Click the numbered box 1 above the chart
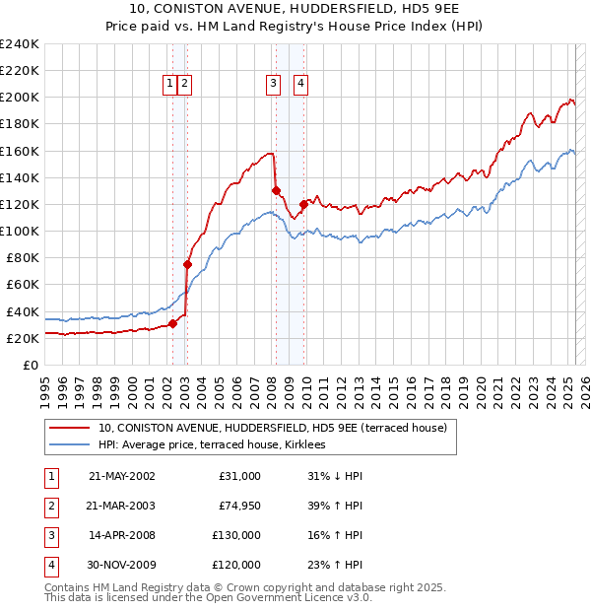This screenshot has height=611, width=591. click(170, 85)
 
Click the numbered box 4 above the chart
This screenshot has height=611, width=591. click(299, 85)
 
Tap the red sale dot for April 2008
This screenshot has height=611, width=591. click(276, 190)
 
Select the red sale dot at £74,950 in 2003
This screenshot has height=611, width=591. click(187, 264)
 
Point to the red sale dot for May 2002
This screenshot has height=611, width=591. click(172, 323)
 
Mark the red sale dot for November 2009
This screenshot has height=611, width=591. click(304, 204)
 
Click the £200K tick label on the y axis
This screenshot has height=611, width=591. click(20, 98)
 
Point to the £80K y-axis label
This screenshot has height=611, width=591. click(23, 257)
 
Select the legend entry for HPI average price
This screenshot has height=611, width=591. click(219, 444)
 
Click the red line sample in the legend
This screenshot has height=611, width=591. click(71, 428)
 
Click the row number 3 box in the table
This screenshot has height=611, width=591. click(48, 537)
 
